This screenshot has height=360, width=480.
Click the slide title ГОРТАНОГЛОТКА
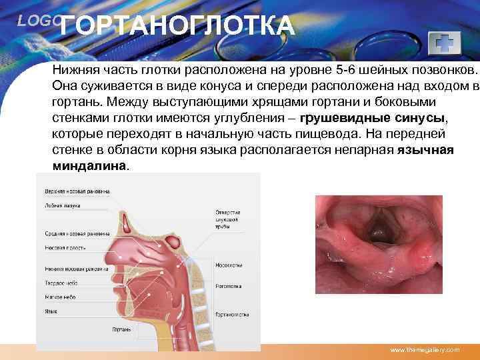(x=180, y=27)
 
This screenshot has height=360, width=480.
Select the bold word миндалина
(x=89, y=165)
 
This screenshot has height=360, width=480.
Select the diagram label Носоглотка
(x=228, y=265)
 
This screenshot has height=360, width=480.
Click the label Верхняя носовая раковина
(x=77, y=191)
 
